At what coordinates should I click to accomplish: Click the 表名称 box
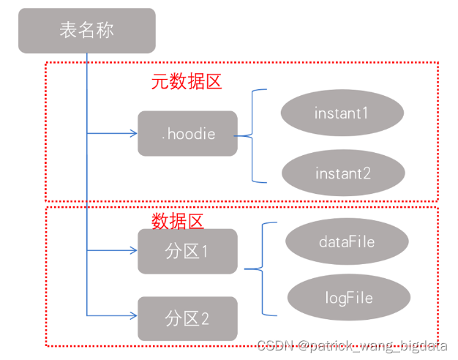86,31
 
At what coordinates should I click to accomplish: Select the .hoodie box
187,133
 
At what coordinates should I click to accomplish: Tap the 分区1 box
187,251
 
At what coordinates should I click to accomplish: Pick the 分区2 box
187,318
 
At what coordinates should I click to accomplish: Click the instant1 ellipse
342,113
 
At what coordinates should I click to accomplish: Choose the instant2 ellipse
342,173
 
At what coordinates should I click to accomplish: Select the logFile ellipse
348,298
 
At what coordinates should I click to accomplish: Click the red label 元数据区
187,82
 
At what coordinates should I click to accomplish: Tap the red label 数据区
178,220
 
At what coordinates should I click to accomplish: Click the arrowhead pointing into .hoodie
133,133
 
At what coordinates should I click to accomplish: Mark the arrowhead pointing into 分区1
133,251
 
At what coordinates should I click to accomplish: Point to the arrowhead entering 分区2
133,315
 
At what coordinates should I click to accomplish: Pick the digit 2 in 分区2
206,319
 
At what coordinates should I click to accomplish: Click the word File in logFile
358,298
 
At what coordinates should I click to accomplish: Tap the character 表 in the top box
67,31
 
